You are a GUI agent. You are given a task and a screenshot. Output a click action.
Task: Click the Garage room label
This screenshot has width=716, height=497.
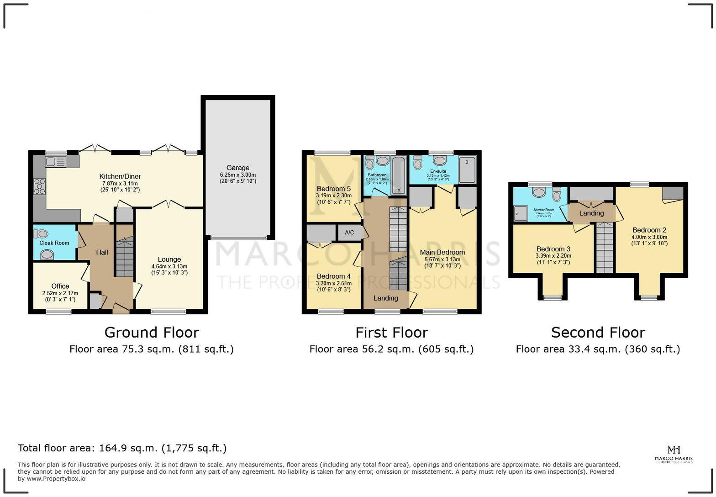(237, 168)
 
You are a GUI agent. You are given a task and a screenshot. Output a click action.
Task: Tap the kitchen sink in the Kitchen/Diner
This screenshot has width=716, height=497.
(56, 161)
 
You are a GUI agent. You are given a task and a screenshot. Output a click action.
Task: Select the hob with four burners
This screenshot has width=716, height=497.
(40, 186)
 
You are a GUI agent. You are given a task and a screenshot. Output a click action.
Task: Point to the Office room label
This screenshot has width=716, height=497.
(60, 286)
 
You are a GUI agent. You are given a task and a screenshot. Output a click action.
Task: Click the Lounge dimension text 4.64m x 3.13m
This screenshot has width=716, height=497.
(169, 266)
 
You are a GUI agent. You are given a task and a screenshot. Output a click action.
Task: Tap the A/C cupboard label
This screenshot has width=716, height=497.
(349, 233)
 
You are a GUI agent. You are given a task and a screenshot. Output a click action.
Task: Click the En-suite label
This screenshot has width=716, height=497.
(438, 171)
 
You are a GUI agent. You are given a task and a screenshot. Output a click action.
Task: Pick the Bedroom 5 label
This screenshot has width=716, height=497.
(334, 189)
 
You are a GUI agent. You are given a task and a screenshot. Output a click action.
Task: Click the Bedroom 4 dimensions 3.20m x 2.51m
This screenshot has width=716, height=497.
(334, 283)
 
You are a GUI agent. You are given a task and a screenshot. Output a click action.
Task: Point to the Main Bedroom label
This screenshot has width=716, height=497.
(442, 252)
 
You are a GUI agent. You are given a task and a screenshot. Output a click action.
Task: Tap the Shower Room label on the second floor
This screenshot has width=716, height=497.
(543, 210)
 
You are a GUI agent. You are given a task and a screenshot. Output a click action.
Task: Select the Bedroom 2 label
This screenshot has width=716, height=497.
(649, 230)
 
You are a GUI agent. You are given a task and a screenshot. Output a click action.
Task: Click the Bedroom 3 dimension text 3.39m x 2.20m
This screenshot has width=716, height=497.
(553, 256)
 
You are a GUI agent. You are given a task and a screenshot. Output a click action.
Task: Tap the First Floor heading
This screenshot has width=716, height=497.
(391, 332)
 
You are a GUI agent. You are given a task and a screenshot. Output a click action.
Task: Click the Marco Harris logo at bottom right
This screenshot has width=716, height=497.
(674, 454)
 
